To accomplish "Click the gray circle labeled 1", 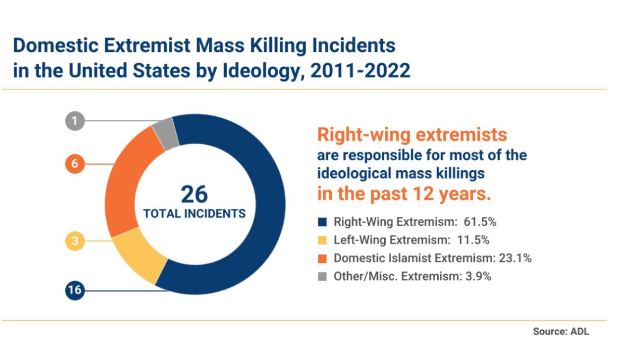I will click(x=75, y=121).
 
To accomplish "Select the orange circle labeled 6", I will click(x=75, y=164).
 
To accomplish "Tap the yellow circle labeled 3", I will click(x=75, y=241).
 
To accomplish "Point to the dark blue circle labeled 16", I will click(x=75, y=291).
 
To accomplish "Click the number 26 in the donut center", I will click(x=194, y=195).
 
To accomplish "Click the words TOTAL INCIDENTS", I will click(x=194, y=214).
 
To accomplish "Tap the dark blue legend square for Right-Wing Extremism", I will click(x=321, y=222).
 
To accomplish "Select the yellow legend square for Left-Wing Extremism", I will click(x=321, y=240).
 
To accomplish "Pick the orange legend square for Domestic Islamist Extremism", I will click(x=321, y=258).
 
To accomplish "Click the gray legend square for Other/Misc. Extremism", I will click(x=321, y=276).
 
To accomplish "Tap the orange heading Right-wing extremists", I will click(x=412, y=135).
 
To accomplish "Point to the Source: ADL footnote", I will click(x=561, y=332).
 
